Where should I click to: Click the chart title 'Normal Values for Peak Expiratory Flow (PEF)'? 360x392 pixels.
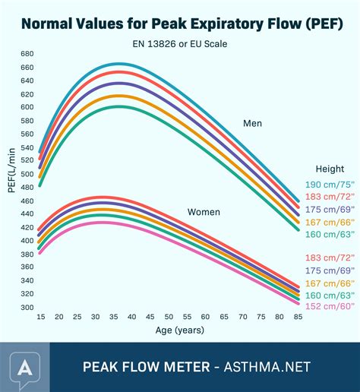point(179,22)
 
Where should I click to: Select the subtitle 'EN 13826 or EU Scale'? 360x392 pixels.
point(179,43)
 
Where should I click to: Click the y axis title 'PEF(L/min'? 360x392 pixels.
point(11,172)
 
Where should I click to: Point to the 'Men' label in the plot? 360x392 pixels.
point(253,123)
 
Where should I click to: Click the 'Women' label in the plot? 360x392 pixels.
point(204,212)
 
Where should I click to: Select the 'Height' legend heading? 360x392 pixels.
point(330,169)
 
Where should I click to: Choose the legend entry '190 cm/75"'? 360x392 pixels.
point(330,185)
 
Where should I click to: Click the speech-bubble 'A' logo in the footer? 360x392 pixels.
point(25,366)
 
